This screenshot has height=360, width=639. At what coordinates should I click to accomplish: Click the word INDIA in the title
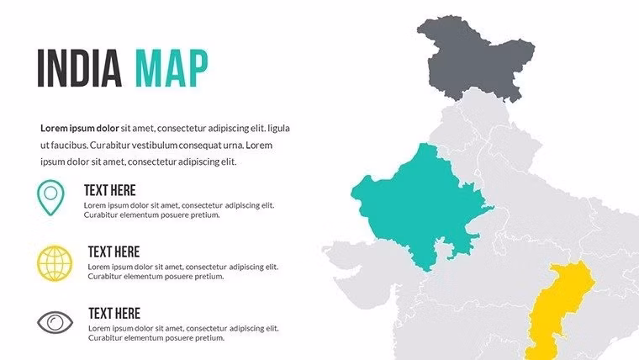pos(80,69)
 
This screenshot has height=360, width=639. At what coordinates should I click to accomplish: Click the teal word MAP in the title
pos(172,69)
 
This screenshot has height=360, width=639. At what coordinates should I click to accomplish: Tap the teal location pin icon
pos(51,195)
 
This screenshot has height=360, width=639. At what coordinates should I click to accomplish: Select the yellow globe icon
pos(55,262)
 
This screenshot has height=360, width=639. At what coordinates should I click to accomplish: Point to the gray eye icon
pos(55,322)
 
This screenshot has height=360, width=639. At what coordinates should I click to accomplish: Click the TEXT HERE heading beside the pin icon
pos(109,190)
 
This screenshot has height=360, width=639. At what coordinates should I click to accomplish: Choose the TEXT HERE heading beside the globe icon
pos(114,251)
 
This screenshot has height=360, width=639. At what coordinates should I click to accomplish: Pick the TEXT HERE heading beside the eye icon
pos(114,313)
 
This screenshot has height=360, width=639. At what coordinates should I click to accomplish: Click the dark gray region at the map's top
pos(475,59)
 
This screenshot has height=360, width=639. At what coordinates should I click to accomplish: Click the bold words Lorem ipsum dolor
pos(80,129)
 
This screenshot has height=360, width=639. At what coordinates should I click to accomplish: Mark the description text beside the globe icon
pos(183,271)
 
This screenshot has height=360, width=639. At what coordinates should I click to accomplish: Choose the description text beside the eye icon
pos(183,332)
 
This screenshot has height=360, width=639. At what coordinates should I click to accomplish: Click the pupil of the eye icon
pos(55,322)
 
